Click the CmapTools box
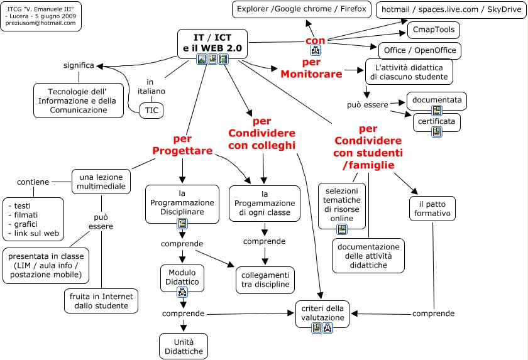click(x=434, y=30)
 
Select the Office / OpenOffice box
click(x=420, y=51)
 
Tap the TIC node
click(x=151, y=111)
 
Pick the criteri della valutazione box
click(x=322, y=313)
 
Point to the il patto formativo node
click(x=432, y=209)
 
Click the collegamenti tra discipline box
click(x=265, y=280)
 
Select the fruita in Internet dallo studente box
click(x=101, y=301)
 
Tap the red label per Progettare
click(x=182, y=145)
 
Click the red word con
click(x=316, y=40)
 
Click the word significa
click(x=79, y=65)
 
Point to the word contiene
click(x=33, y=182)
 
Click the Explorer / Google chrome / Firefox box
click(x=301, y=10)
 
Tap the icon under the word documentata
click(x=437, y=111)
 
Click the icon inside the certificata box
click(x=437, y=131)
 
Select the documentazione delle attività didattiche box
click(x=368, y=256)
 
